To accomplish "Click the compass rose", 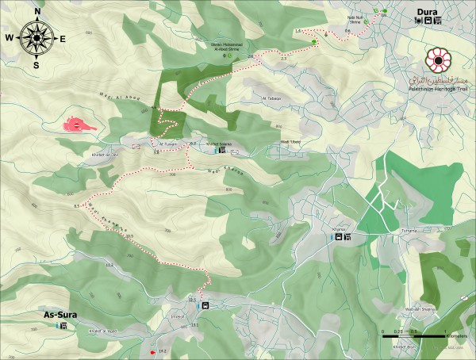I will click(x=36, y=36).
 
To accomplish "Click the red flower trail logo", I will click(x=437, y=60).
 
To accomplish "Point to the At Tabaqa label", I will click(x=271, y=99).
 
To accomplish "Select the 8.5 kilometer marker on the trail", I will click(x=77, y=206).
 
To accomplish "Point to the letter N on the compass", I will click(x=36, y=11).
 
